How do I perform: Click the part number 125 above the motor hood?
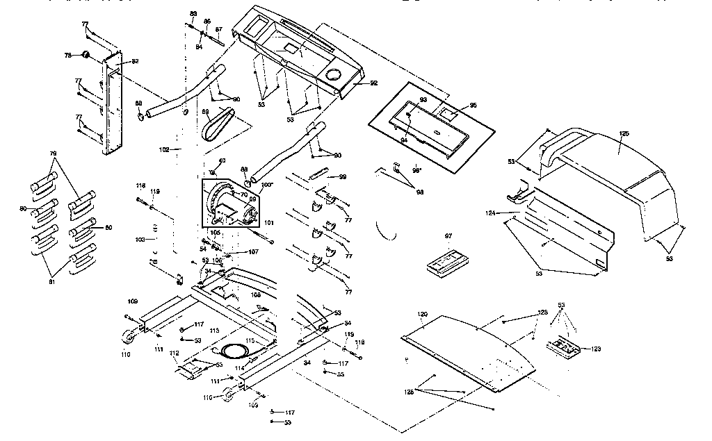tap(624, 133)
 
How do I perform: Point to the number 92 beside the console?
tap(373, 83)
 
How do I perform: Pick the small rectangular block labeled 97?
tap(448, 264)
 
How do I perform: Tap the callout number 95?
tap(473, 106)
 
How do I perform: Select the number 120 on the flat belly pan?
tap(422, 314)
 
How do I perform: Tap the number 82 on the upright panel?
tap(135, 62)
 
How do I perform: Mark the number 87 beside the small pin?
tap(218, 29)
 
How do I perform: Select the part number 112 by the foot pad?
tap(174, 353)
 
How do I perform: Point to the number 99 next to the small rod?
tap(342, 177)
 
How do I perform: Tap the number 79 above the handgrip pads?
tap(53, 153)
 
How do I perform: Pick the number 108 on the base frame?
tap(256, 294)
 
